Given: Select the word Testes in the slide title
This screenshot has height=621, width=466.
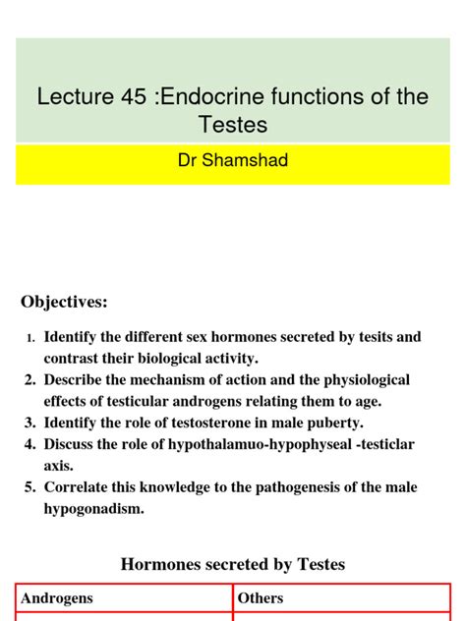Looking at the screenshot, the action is click(233, 126).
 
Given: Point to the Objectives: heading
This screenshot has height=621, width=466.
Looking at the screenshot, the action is click(65, 301).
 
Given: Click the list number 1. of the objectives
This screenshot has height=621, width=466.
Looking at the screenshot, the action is click(31, 338).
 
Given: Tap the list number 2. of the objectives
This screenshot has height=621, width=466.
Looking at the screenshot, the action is click(30, 380).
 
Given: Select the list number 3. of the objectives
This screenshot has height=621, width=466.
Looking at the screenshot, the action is click(30, 423).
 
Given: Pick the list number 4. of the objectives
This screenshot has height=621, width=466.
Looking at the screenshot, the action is click(30, 444).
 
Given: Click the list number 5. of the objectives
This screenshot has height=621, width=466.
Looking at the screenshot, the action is click(30, 487).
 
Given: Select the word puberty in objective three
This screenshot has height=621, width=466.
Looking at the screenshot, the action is click(333, 423).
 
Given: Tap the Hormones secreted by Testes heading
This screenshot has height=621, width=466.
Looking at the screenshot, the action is click(233, 564).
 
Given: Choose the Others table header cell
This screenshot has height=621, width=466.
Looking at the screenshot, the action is click(262, 598).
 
